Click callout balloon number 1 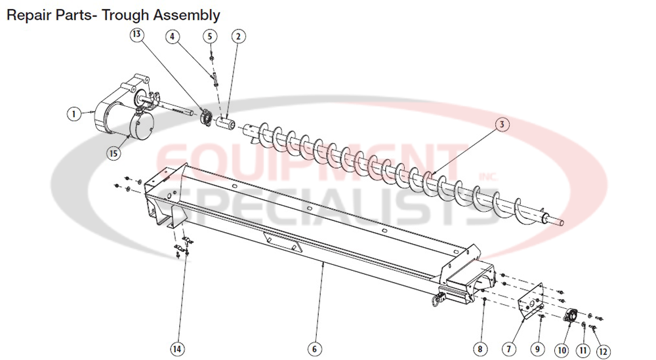tap(74, 113)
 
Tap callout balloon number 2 tap(237, 36)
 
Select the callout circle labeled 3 tap(501, 124)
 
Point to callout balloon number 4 tap(173, 36)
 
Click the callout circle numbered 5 tap(209, 36)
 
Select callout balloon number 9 tap(537, 349)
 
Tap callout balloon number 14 tap(177, 349)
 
